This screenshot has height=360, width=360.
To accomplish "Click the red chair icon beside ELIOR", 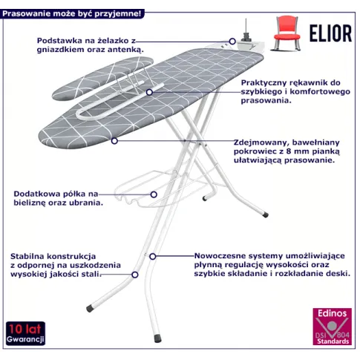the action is tap(287, 33).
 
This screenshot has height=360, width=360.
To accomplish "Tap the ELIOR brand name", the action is tap(330, 33).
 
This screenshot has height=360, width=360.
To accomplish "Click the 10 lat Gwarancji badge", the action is tap(25, 333).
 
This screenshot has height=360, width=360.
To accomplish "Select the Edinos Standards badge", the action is tap(332, 327).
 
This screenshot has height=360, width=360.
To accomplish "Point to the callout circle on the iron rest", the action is tap(232, 42).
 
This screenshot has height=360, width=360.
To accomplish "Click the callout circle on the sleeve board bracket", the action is tap(149, 92).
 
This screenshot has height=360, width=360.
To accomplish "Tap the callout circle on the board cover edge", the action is tap(114, 141).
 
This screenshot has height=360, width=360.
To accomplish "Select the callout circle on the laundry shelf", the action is tap(154, 194).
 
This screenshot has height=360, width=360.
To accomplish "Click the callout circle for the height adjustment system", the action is tap(153, 257).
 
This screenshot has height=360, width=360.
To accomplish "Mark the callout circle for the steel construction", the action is tap(135, 275).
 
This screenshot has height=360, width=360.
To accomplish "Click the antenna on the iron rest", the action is tap(246, 27).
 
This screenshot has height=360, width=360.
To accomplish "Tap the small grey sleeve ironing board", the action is tap(102, 78).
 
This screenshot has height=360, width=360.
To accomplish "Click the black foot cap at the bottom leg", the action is tap(157, 338).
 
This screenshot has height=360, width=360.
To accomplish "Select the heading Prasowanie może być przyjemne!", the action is tap(72, 13).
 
